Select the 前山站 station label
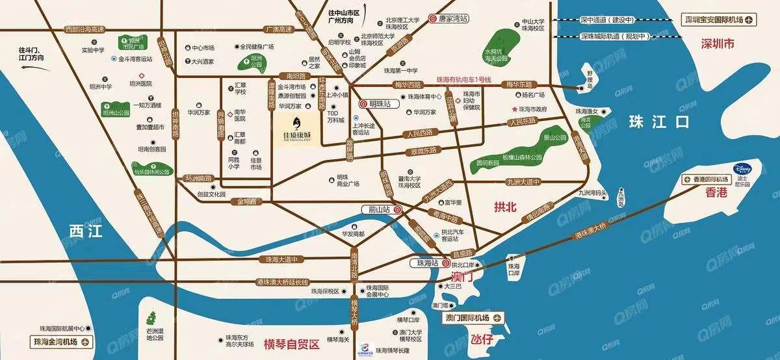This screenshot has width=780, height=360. point(380,210)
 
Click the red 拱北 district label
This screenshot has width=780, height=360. point(504,207)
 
